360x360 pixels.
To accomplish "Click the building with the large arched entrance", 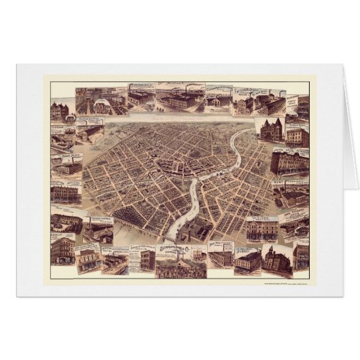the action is tap(65, 223).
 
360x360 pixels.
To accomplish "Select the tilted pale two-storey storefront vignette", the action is tap(89, 258).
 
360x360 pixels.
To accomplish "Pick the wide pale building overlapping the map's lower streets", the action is tap(262, 231).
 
